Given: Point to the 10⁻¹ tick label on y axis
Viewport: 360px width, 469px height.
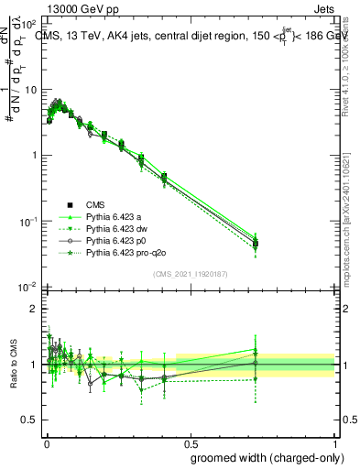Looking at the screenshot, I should click(28, 222).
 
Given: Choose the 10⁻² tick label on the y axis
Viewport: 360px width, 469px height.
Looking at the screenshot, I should click(28, 288).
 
